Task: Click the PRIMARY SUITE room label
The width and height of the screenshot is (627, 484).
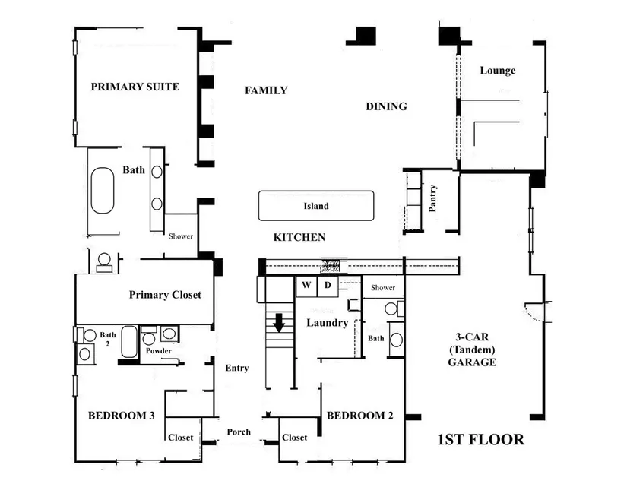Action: click(x=135, y=87)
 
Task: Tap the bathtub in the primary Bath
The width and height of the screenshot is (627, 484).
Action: click(x=103, y=190)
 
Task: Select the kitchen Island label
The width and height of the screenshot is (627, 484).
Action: click(x=316, y=206)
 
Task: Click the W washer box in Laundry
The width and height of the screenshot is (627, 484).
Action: click(x=306, y=286)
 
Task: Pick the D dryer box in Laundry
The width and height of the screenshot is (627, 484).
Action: click(x=328, y=286)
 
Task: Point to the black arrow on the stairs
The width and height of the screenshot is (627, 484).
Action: click(x=279, y=322)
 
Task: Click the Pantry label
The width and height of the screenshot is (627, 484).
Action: click(x=432, y=198)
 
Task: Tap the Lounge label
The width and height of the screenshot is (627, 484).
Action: click(x=498, y=71)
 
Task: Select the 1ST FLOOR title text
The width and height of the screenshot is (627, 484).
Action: click(x=480, y=439)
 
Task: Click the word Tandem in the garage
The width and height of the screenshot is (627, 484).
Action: click(x=472, y=350)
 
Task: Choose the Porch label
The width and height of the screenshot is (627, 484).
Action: click(x=239, y=432)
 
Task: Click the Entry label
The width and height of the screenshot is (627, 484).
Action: click(x=236, y=368)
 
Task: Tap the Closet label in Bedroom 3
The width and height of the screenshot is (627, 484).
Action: click(x=180, y=437)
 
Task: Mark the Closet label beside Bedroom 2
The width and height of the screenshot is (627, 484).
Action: click(x=294, y=437)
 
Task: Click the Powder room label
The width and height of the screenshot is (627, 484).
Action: click(x=158, y=350)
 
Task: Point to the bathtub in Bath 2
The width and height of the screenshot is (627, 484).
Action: click(x=129, y=342)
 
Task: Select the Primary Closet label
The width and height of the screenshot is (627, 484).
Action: click(x=165, y=295)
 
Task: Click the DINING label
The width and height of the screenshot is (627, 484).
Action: click(x=386, y=106)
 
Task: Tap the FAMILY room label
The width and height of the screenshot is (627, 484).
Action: click(x=266, y=90)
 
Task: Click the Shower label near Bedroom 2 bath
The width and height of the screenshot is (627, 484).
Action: click(x=383, y=287)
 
